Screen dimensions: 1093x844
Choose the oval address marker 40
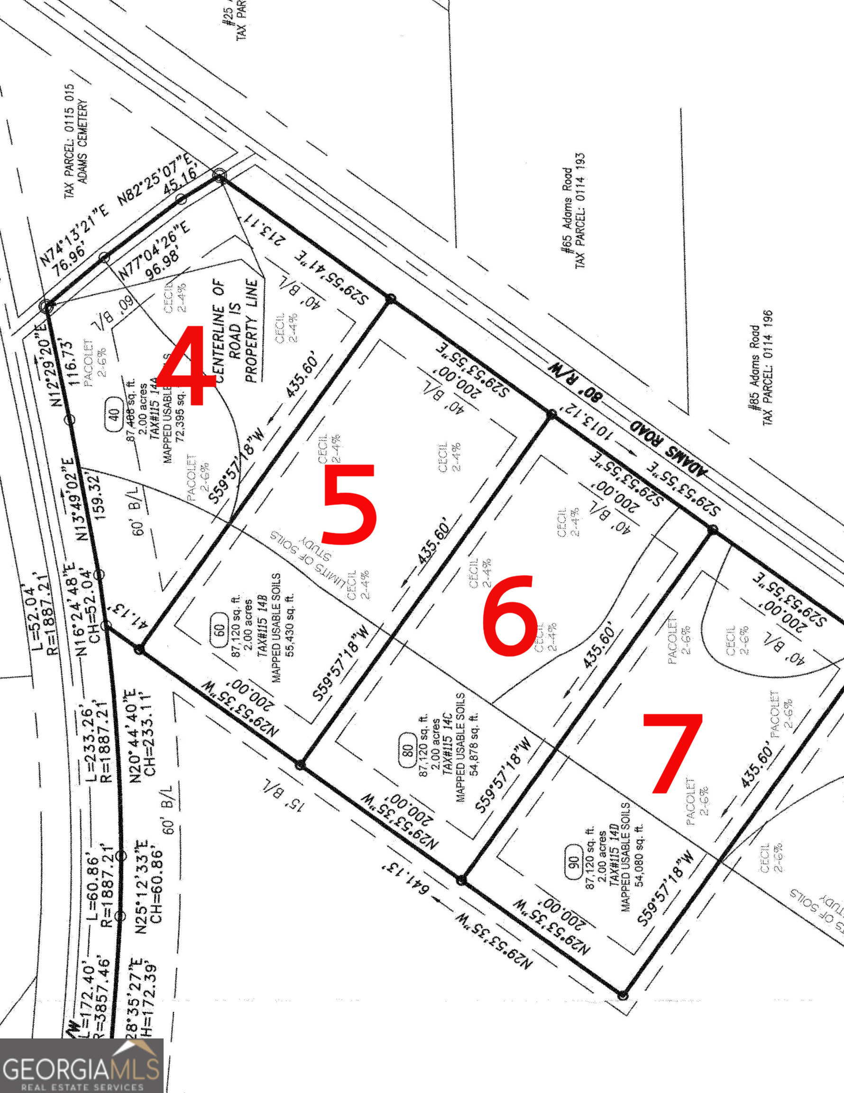click(114, 416)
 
